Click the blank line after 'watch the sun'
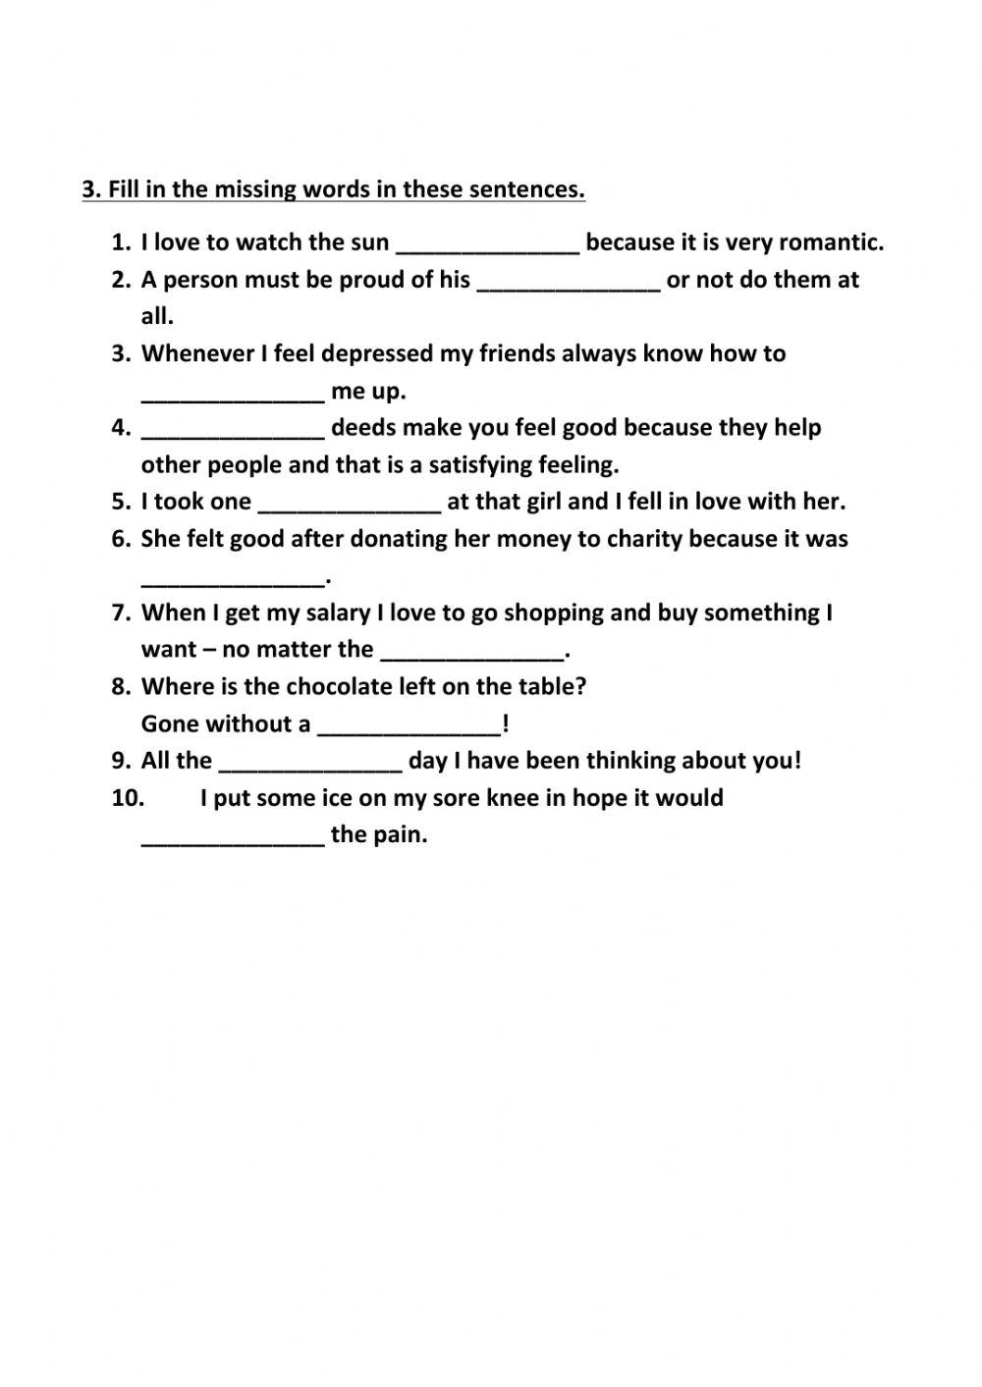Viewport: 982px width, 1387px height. (487, 245)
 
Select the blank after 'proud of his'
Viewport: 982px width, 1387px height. (569, 283)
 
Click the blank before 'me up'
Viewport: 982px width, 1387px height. (233, 394)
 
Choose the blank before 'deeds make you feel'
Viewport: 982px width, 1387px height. (233, 430)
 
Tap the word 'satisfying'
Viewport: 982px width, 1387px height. (486, 464)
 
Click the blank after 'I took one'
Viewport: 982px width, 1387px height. (350, 505)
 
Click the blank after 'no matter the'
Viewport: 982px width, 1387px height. (472, 653)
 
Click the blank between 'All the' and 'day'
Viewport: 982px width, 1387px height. (310, 764)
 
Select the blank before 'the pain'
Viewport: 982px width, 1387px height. (233, 837)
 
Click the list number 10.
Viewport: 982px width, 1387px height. (128, 798)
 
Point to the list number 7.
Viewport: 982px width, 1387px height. (121, 613)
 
